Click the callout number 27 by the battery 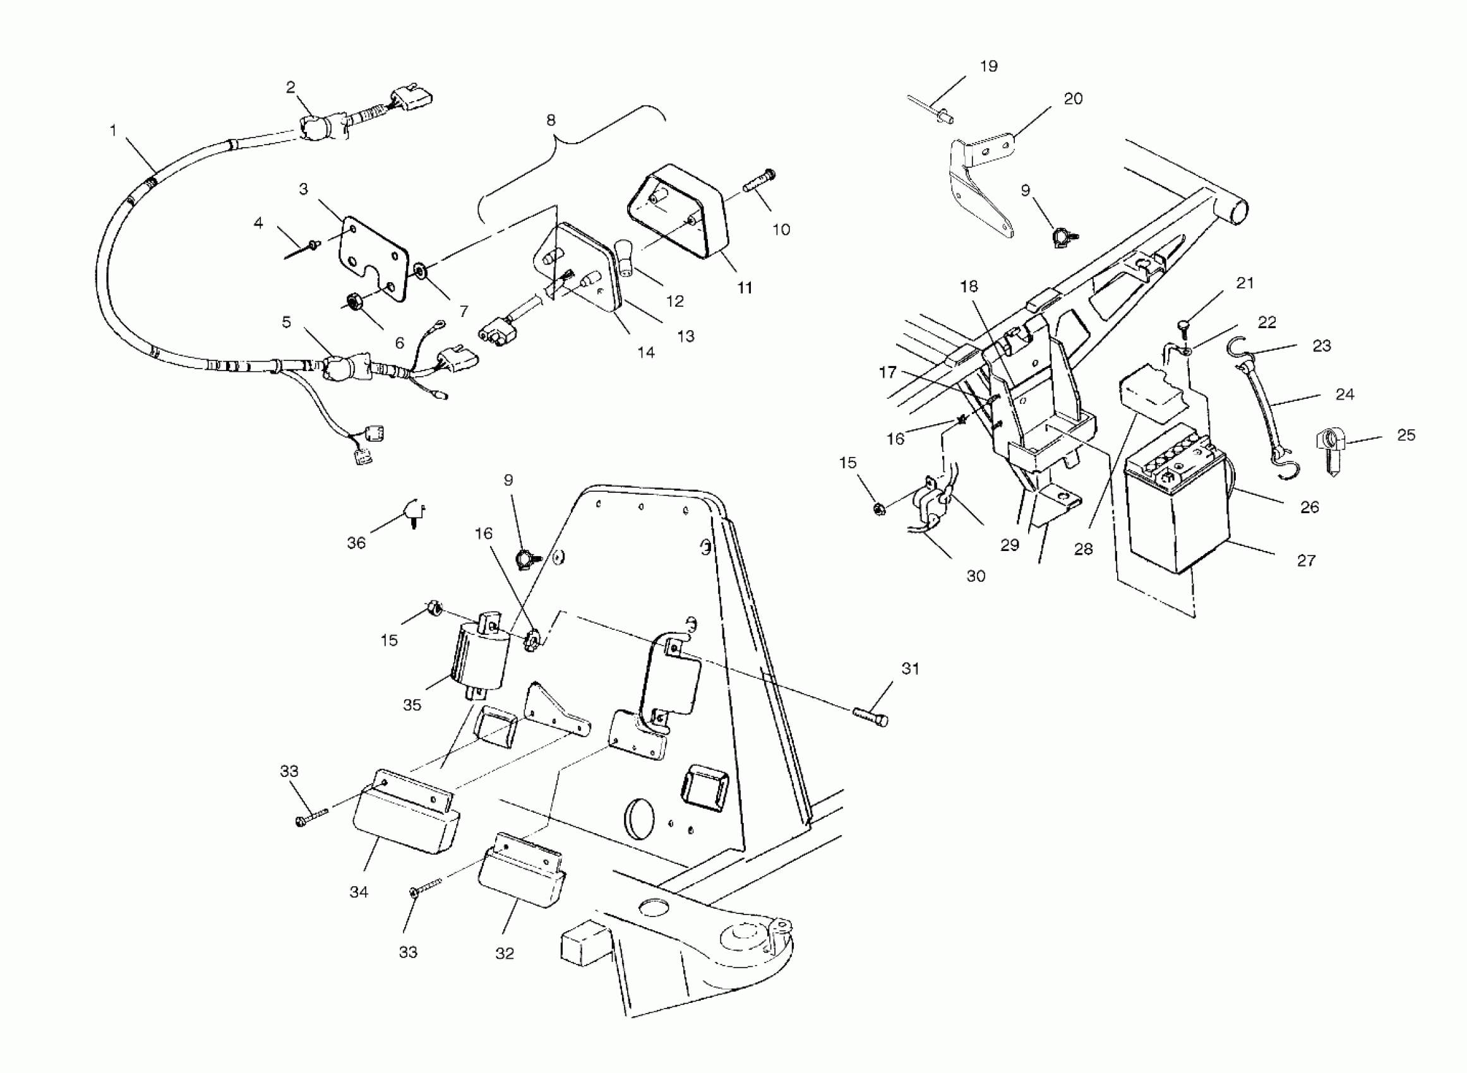click(1306, 560)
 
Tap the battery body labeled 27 click(1176, 513)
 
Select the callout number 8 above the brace click(551, 120)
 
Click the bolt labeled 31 click(871, 718)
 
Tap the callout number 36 click(356, 543)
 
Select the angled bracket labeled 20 click(981, 188)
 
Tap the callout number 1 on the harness click(113, 131)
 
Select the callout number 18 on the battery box click(969, 287)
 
